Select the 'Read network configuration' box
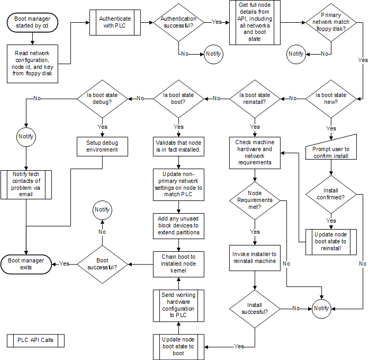(33, 64)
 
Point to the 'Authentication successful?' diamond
(182, 22)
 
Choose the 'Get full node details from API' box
(254, 22)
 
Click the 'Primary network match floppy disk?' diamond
(331, 22)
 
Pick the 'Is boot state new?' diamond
(331, 98)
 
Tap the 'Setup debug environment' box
(102, 146)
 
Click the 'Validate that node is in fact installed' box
(178, 146)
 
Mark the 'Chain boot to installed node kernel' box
(178, 264)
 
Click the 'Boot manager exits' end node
(26, 264)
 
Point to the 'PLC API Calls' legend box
(35, 340)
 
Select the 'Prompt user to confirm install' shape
(331, 153)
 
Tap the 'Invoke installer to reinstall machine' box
(254, 258)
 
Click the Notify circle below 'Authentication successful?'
(214, 54)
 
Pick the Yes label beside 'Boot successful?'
(65, 264)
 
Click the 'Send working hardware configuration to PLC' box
(178, 305)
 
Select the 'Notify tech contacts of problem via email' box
(26, 185)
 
